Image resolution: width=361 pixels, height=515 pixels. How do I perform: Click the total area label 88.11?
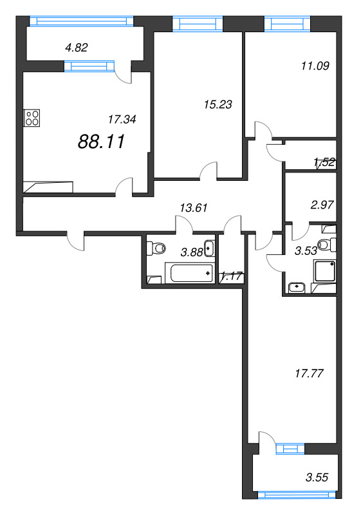tap(102, 142)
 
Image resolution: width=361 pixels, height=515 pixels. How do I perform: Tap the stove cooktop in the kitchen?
tap(32, 118)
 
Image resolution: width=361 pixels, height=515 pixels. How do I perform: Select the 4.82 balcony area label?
tap(77, 48)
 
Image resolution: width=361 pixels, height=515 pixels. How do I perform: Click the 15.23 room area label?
tap(218, 104)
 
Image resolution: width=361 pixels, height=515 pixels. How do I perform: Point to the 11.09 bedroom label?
tap(315, 66)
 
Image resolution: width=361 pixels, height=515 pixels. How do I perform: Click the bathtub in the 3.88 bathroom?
tap(191, 273)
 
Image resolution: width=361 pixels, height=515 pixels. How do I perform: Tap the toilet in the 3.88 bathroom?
tap(156, 248)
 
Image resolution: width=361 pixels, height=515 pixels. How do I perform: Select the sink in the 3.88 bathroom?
tap(208, 248)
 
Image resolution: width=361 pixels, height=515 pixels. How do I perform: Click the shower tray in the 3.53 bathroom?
tap(325, 271)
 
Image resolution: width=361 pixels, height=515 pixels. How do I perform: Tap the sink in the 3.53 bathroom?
tap(297, 287)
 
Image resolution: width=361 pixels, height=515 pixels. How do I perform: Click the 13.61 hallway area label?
tap(194, 208)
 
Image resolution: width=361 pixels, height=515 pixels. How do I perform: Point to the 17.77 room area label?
tap(309, 373)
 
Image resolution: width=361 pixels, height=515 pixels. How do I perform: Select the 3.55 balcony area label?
tap(317, 477)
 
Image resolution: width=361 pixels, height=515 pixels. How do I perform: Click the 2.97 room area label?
tap(322, 205)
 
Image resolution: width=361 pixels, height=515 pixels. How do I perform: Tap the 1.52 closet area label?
tap(324, 162)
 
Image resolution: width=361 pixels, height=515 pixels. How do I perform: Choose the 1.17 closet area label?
tap(232, 276)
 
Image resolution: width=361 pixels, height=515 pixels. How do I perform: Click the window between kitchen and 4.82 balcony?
tap(89, 66)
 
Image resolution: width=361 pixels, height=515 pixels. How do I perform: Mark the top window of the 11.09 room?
tap(287, 24)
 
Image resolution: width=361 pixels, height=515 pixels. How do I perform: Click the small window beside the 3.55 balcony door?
tap(290, 449)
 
